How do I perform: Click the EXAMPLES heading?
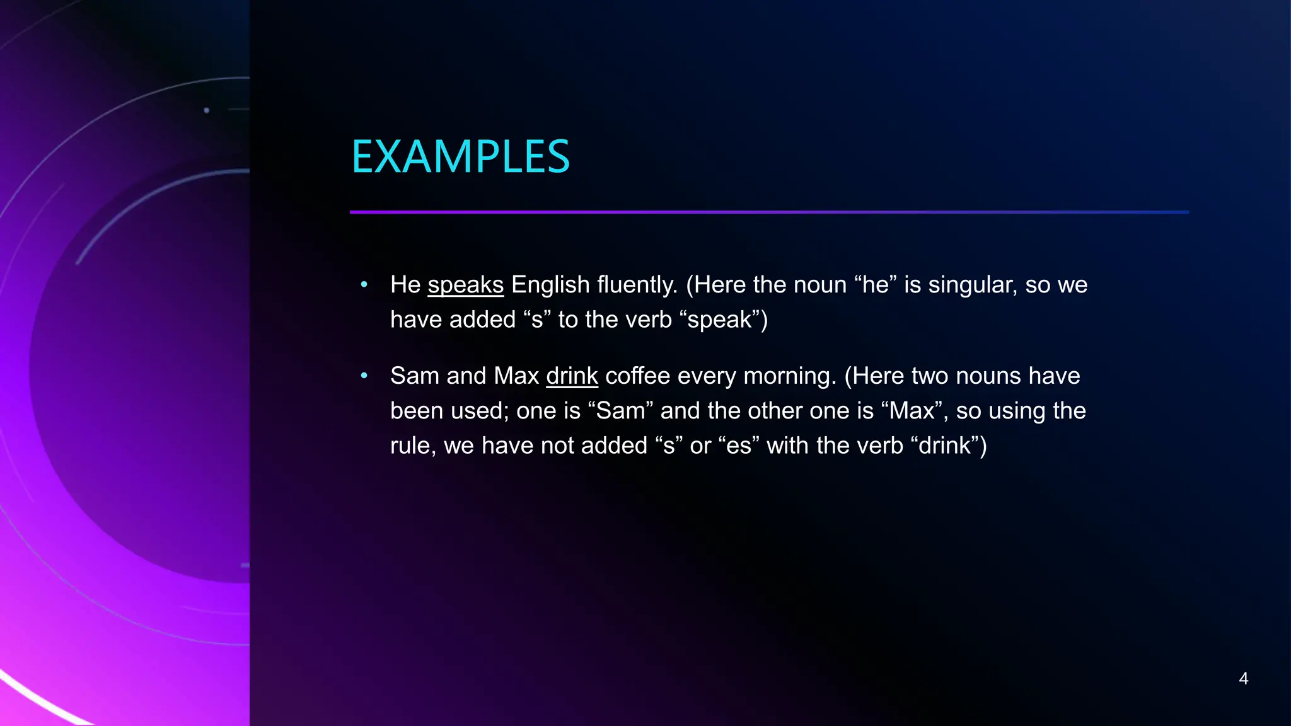pos(460,157)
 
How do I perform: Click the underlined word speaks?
pos(465,285)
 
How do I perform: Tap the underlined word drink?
pos(572,376)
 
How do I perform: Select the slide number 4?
pos(1243,679)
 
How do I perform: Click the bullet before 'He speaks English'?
pos(364,285)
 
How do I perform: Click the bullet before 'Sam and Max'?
pos(364,376)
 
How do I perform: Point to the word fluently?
pos(637,285)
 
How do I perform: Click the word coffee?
pos(637,376)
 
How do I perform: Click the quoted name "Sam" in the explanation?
pos(620,411)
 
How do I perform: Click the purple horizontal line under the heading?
pos(769,212)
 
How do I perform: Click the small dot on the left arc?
pos(207,110)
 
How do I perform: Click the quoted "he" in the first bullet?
pos(876,285)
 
